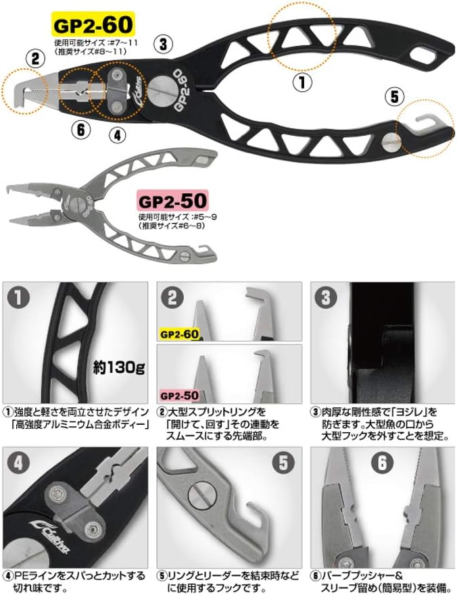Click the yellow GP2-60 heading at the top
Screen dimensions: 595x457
(x=92, y=26)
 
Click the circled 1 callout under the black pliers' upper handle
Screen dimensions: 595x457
(x=302, y=82)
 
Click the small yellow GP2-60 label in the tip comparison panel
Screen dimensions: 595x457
(x=179, y=334)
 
